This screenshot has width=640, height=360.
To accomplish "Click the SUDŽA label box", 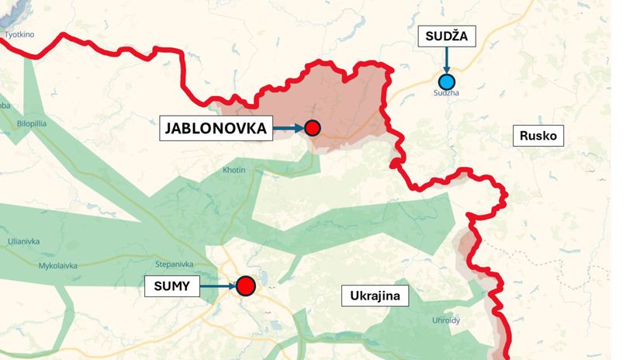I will point(447,36).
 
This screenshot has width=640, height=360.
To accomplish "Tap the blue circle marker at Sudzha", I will point(446,81).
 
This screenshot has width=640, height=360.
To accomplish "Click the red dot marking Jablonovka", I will point(312,129).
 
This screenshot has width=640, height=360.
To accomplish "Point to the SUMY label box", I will point(171,286).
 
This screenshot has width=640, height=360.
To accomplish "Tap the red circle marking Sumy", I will point(246,286).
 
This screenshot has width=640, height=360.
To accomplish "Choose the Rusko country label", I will point(539,136).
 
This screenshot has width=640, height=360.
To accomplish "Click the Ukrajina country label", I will point(375,296).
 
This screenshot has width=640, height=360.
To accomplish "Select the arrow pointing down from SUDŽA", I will point(446,60).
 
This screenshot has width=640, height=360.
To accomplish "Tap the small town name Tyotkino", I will point(20,35).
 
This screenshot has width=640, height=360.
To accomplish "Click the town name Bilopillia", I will point(33,123).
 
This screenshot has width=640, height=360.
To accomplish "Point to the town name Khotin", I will point(234,169).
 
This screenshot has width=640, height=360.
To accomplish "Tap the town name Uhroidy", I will point(445,320).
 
